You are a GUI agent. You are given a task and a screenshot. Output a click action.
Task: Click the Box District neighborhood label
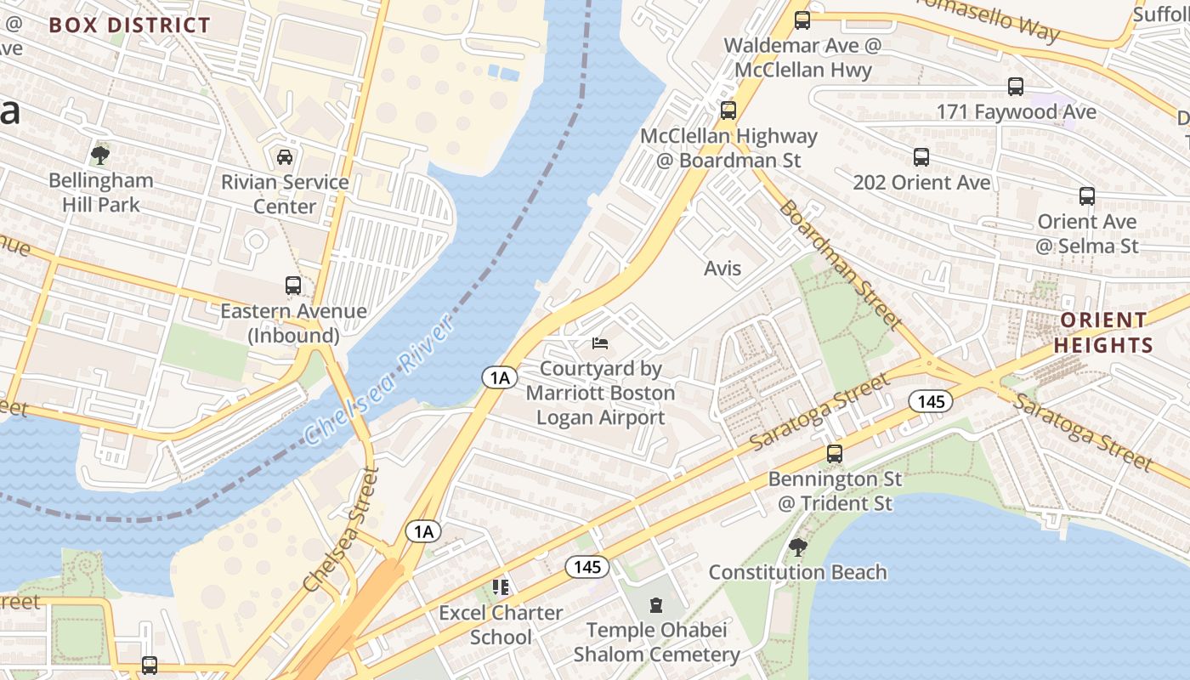(129, 25)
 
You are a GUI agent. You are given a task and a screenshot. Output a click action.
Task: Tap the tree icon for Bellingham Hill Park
(100, 155)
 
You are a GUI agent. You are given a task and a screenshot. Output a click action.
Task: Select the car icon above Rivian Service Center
(285, 157)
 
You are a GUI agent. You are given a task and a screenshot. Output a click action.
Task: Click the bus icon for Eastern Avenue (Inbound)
(293, 286)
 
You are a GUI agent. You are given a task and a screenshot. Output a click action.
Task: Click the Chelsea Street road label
(340, 529)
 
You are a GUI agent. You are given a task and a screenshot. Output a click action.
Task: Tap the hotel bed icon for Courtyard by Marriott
(600, 343)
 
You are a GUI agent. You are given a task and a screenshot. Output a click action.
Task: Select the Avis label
(722, 269)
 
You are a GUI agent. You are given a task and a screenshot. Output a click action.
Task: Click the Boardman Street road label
(840, 264)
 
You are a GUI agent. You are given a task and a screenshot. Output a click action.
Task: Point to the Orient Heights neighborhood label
(1103, 332)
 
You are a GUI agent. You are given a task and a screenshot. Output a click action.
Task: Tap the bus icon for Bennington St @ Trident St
(835, 454)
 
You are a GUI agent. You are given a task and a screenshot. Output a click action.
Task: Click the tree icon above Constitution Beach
(797, 547)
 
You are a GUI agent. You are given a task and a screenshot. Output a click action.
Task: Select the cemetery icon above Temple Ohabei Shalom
(655, 605)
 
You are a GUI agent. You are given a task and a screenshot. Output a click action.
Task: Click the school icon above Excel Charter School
(501, 587)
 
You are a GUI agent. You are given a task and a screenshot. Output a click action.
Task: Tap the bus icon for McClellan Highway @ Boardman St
(728, 110)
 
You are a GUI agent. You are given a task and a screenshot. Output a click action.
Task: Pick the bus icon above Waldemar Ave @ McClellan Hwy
(802, 20)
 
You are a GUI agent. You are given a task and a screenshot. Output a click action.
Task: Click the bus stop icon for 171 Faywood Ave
(1016, 86)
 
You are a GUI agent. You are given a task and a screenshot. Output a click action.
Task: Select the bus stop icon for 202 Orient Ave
(921, 157)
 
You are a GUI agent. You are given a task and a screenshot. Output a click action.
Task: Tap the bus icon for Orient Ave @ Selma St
(1086, 196)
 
